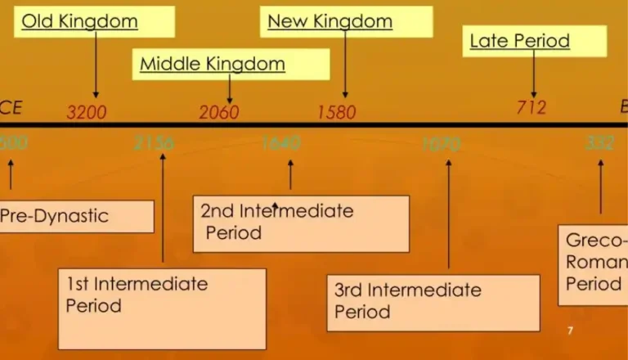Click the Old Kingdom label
pyautogui.click(x=80, y=21)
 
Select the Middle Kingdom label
pyautogui.click(x=213, y=64)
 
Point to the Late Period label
pyautogui.click(x=520, y=41)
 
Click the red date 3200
pyautogui.click(x=86, y=112)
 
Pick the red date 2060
pyautogui.click(x=219, y=112)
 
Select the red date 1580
pyautogui.click(x=337, y=112)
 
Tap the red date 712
pyautogui.click(x=532, y=107)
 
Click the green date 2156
pyautogui.click(x=154, y=144)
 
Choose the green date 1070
pyautogui.click(x=442, y=144)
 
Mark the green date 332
pyautogui.click(x=600, y=144)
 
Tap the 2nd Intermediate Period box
pyautogui.click(x=301, y=223)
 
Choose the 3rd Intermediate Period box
pyautogui.click(x=433, y=302)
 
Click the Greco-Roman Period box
pyautogui.click(x=594, y=263)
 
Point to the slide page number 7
pyautogui.click(x=570, y=331)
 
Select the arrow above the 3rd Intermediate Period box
pyautogui.click(x=449, y=213)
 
